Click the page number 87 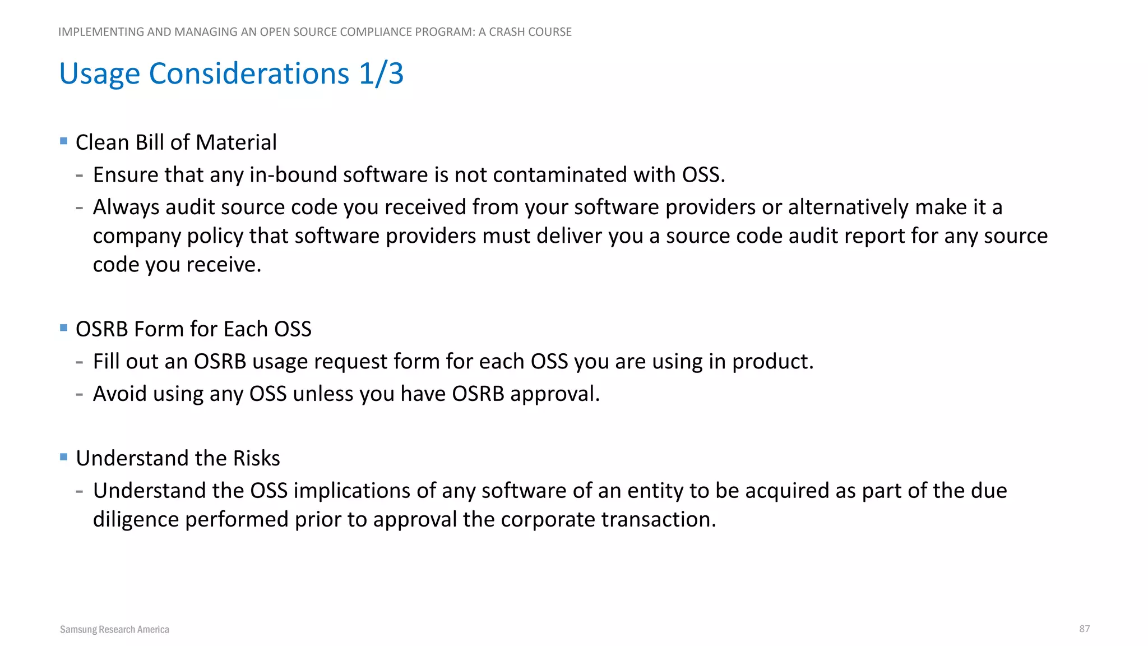[1084, 629]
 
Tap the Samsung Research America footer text [114, 629]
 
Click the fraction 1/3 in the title [381, 73]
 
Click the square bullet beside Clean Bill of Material [63, 141]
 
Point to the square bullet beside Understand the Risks [63, 457]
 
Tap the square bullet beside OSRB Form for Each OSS [63, 327]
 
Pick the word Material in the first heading [236, 142]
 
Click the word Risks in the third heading [256, 458]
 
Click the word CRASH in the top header [507, 32]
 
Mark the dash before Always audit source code [80, 207]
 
